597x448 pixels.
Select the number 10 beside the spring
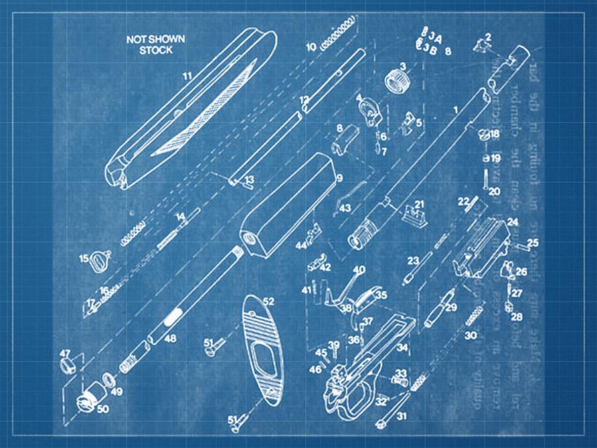coord(311,48)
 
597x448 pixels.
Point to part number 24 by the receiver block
coord(512,221)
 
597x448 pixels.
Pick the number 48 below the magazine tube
coord(170,339)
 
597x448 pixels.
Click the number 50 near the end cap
coord(102,408)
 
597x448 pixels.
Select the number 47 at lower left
coord(65,353)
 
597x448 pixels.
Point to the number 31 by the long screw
coord(402,416)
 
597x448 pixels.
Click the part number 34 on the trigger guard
coord(402,348)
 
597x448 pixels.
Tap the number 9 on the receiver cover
coord(339,178)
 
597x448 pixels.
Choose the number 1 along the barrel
coord(456,108)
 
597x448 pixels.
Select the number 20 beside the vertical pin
coord(494,192)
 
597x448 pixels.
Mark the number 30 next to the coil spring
coord(471,335)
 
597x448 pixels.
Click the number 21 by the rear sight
coord(419,204)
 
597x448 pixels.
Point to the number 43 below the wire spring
coord(345,209)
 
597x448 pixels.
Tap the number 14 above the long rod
coord(179,217)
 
